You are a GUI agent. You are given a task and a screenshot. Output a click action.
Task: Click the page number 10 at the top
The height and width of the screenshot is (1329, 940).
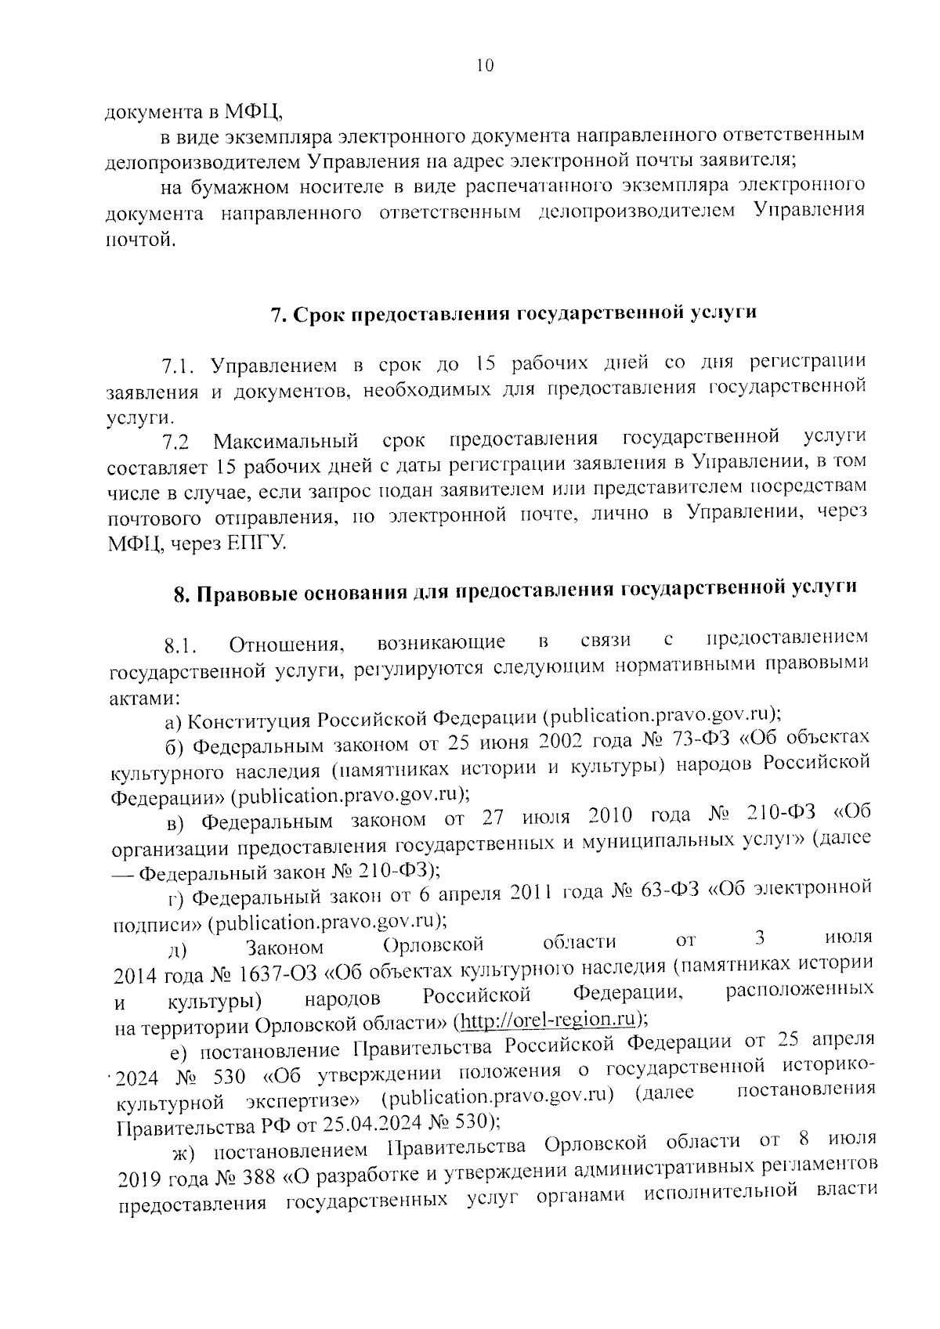[484, 67]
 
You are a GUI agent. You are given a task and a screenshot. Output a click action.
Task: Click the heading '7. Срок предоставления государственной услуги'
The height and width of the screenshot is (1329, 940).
[513, 313]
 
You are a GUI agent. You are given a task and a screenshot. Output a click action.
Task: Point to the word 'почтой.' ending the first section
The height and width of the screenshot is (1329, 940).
[136, 240]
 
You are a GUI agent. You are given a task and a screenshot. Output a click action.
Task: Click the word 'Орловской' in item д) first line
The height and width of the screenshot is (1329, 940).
[438, 944]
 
